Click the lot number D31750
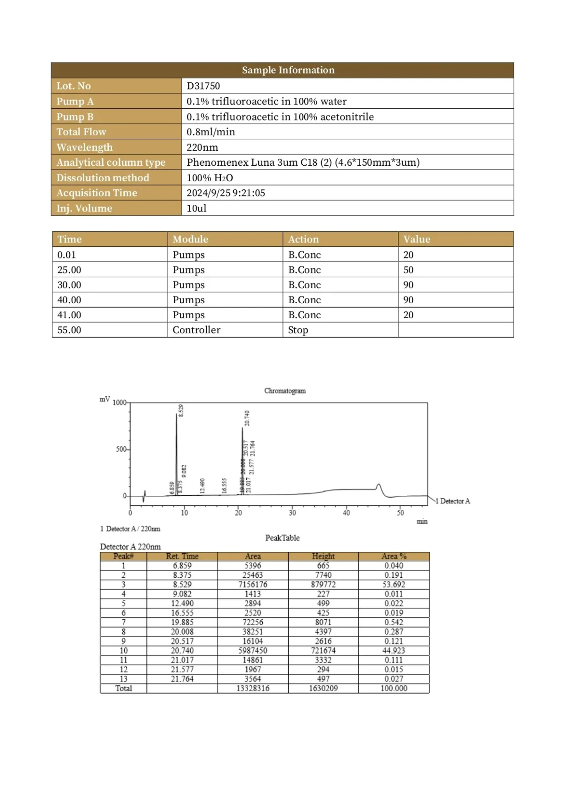(x=203, y=86)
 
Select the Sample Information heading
(x=288, y=70)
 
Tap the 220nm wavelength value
(x=202, y=147)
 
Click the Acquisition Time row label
(x=97, y=193)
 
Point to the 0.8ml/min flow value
(x=210, y=132)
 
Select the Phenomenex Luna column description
(x=303, y=162)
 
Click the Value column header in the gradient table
(x=416, y=239)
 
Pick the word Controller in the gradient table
(x=196, y=330)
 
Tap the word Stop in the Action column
(x=298, y=330)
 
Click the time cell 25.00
(x=69, y=270)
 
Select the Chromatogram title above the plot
(x=284, y=391)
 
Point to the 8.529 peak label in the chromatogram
(x=181, y=410)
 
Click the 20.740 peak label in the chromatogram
(x=247, y=418)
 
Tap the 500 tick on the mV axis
(x=121, y=449)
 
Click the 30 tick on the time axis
(x=292, y=513)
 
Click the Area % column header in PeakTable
(x=394, y=556)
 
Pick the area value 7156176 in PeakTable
(x=252, y=584)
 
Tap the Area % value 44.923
(x=394, y=650)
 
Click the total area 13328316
(x=252, y=688)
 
